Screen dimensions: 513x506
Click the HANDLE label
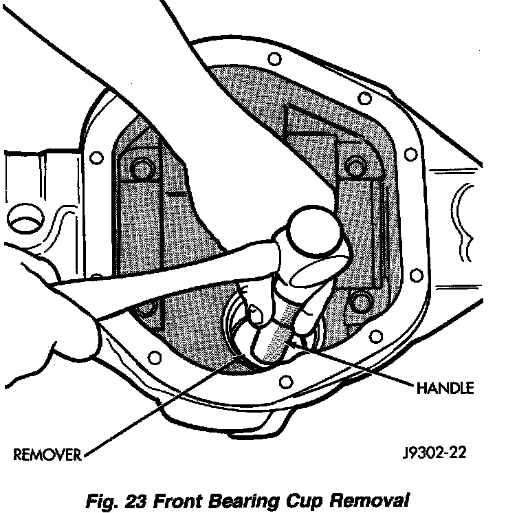pos(445,388)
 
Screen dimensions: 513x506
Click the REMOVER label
pos(46,455)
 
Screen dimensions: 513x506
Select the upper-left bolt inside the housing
pos(142,167)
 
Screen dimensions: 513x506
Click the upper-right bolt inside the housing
pos(355,166)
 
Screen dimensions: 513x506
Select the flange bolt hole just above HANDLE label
pos(376,336)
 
